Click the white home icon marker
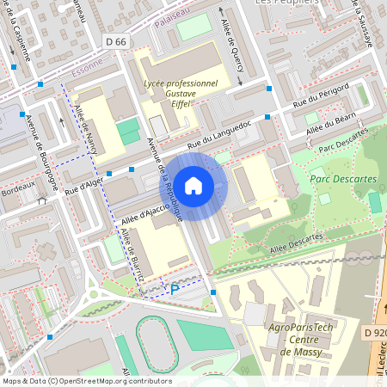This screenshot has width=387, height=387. (193, 185)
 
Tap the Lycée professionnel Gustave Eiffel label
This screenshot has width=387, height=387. (181, 94)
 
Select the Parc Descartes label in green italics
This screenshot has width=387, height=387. (342, 179)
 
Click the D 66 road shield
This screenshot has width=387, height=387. (115, 41)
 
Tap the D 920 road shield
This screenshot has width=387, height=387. (374, 333)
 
